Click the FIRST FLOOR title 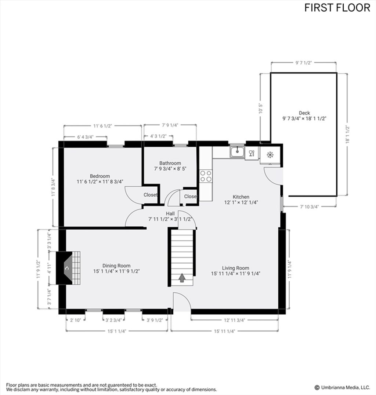click(337, 8)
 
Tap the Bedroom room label click(100, 176)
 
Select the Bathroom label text click(170, 163)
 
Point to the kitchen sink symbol click(237, 151)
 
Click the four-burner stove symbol click(206, 176)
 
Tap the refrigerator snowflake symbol click(270, 155)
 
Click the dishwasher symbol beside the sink click(252, 153)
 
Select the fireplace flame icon click(66, 268)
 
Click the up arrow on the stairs click(182, 278)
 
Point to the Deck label click(304, 113)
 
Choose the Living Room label click(235, 268)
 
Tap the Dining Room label click(116, 266)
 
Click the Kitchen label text click(241, 197)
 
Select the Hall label click(170, 213)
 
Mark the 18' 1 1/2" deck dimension click(348, 135)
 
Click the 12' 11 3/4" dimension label click(235, 320)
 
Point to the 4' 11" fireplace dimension click(50, 268)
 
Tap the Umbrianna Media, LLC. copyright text click(342, 387)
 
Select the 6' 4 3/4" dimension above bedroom click(85, 137)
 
